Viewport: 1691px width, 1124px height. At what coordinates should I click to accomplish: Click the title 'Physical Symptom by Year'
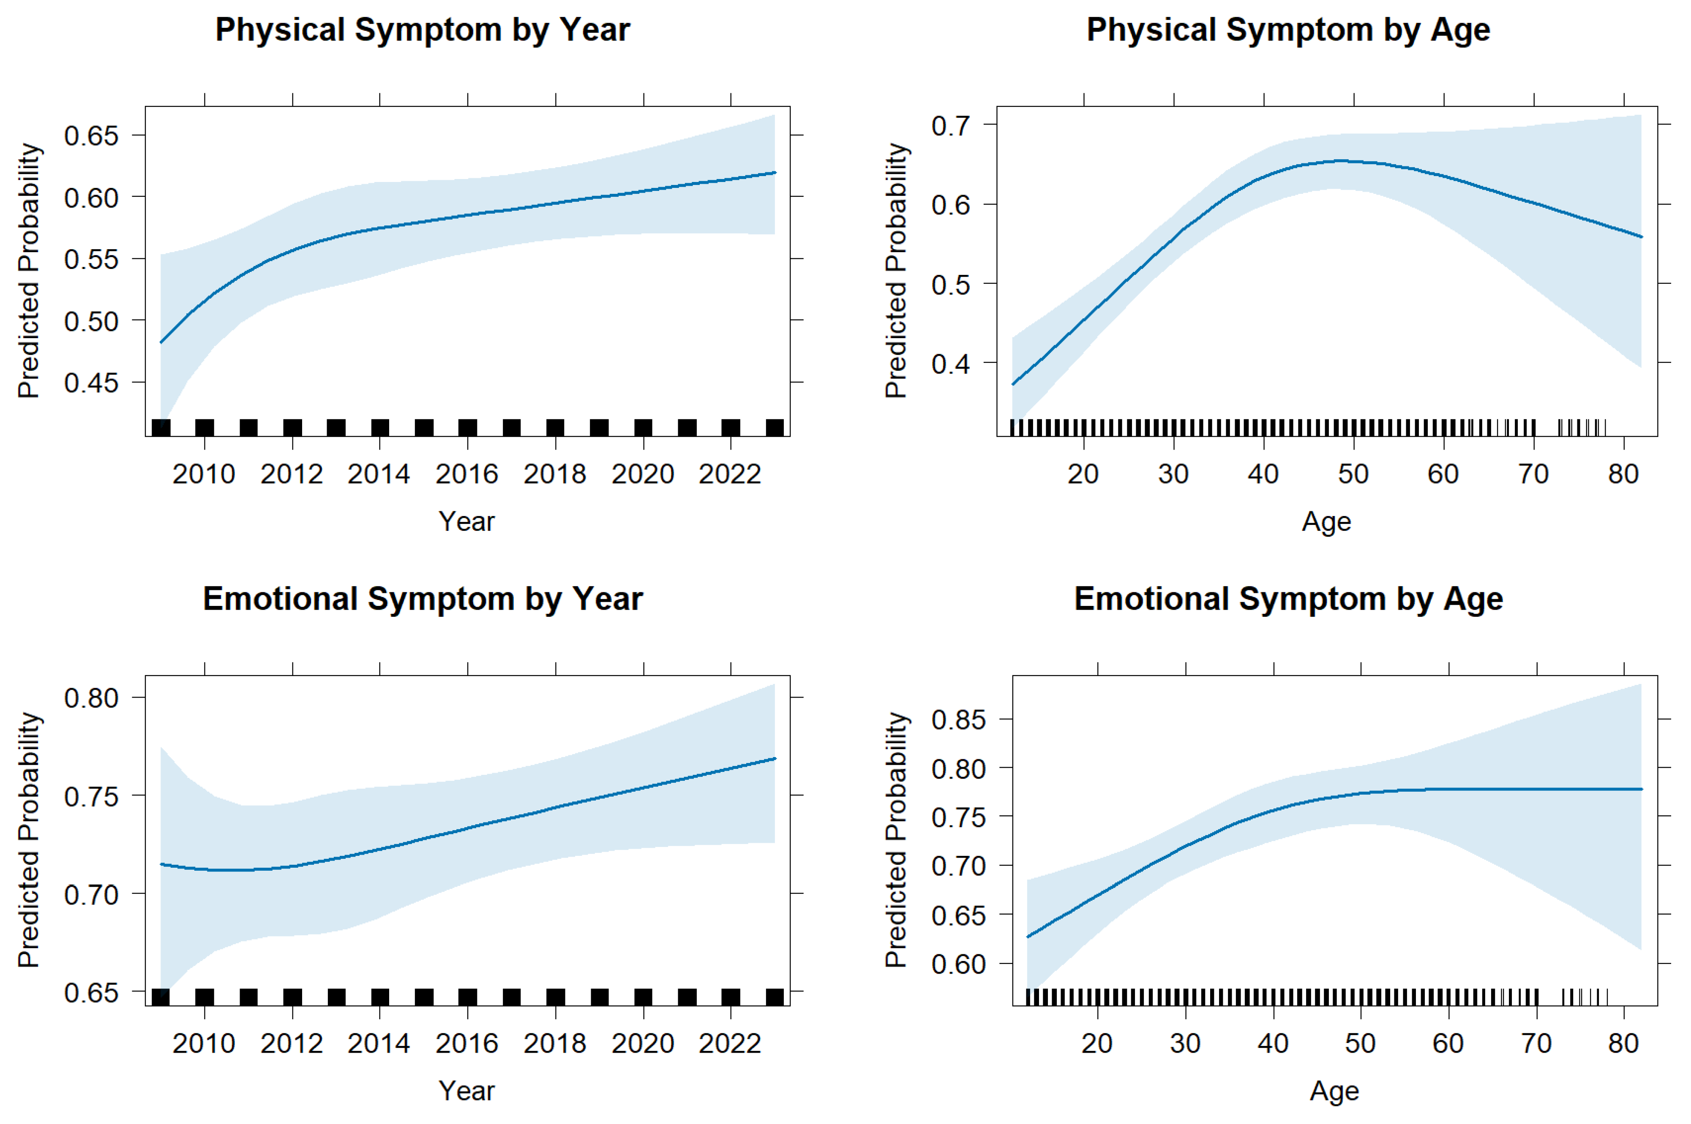pyautogui.click(x=423, y=30)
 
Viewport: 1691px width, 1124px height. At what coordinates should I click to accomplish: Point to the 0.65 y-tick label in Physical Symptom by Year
pyautogui.click(x=91, y=136)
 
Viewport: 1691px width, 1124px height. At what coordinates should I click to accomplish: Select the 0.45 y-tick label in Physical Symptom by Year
pyautogui.click(x=91, y=383)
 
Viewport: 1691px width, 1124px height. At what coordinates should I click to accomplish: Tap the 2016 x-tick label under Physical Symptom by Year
pyautogui.click(x=467, y=474)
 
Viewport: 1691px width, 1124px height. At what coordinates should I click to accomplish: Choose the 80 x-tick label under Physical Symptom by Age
pyautogui.click(x=1623, y=474)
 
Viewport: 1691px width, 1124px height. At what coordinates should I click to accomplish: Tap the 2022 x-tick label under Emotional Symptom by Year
pyautogui.click(x=730, y=1043)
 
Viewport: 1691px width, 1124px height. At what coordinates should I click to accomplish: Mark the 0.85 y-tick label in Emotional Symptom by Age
pyautogui.click(x=958, y=719)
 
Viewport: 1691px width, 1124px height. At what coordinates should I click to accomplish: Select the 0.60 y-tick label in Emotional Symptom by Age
pyautogui.click(x=958, y=964)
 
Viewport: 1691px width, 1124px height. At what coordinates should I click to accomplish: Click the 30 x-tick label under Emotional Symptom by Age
pyautogui.click(x=1185, y=1043)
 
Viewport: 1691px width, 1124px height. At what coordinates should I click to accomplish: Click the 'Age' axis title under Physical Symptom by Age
pyautogui.click(x=1326, y=521)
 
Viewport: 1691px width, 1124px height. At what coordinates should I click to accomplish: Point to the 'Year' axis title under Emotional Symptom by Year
pyautogui.click(x=467, y=1090)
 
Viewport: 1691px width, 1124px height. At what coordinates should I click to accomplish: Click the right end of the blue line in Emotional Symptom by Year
pyautogui.click(x=775, y=758)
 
